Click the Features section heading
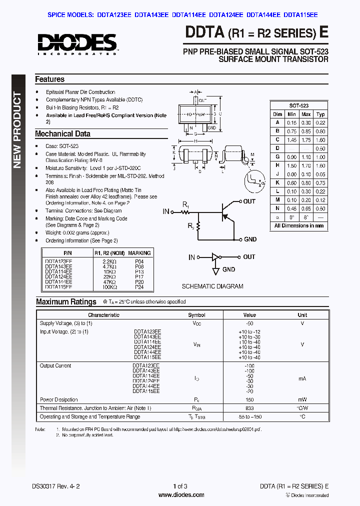49,79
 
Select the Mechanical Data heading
62,134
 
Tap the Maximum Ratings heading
66,302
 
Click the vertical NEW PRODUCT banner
18,130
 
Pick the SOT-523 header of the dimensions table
298,106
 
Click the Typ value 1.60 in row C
320,140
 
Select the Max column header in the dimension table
306,114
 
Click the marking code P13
139,271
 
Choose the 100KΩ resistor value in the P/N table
109,287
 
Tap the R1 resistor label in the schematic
185,205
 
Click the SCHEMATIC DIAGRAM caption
212,286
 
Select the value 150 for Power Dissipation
249,400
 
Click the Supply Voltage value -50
249,323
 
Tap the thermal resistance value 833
249,408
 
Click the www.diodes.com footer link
181,495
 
